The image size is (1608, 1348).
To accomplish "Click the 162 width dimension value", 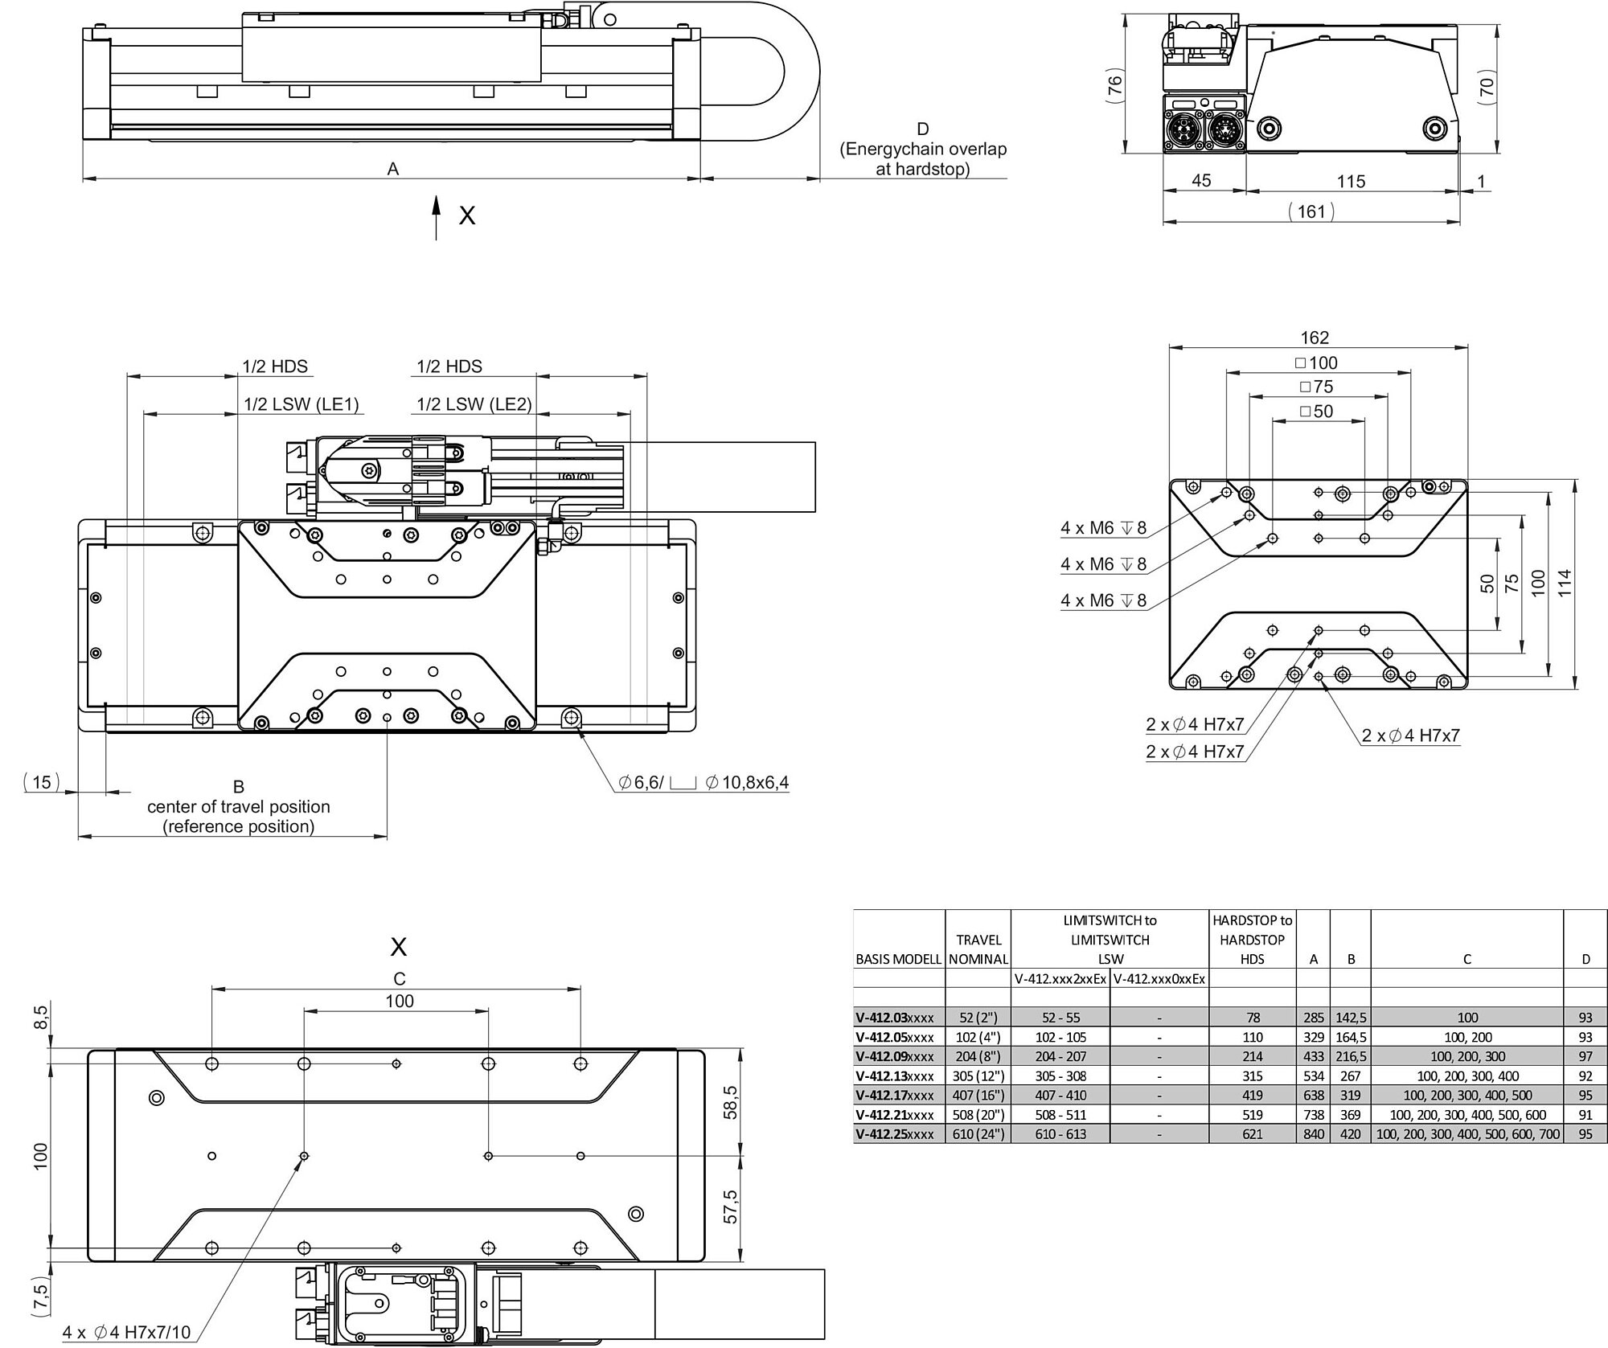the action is coord(1315,338).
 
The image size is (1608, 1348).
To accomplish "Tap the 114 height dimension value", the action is coord(1564,583).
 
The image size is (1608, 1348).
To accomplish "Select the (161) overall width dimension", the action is coord(1311,211).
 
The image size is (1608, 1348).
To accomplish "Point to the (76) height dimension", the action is coord(1114,85).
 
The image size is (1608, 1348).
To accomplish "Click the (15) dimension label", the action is coord(42,781).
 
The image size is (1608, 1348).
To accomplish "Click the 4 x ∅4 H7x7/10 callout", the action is coord(127,1332).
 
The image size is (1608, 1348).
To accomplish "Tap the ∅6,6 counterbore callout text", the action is coord(703,782).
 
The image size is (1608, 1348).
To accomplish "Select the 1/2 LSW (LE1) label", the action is coord(301,404).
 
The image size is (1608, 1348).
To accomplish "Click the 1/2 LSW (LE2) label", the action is coord(474,404).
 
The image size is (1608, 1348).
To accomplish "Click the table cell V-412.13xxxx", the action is coord(895,1076).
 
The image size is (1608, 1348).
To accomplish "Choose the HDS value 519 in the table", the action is coord(1253,1114).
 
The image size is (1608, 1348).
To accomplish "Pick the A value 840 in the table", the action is coord(1313,1133).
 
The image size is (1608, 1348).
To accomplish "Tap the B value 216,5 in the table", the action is coord(1351,1056).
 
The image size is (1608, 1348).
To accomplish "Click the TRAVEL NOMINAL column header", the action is coord(978,949).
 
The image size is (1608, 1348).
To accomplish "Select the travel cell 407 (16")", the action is coord(978,1095).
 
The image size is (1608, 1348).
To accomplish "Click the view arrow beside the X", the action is coord(436,217).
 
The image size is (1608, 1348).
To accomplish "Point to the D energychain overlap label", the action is coord(923,149).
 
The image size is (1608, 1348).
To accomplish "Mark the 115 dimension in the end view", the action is coord(1351,182).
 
